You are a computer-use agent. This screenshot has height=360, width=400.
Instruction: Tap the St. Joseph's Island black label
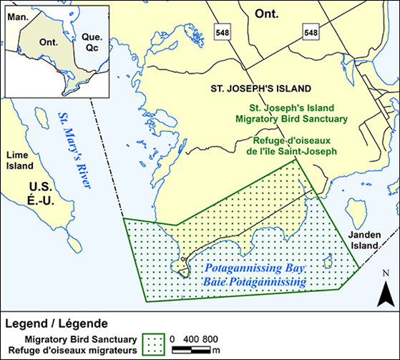(x=260, y=89)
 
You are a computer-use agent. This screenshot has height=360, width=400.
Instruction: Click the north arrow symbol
(x=384, y=293)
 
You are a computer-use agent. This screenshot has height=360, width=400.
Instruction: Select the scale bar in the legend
(x=192, y=349)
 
